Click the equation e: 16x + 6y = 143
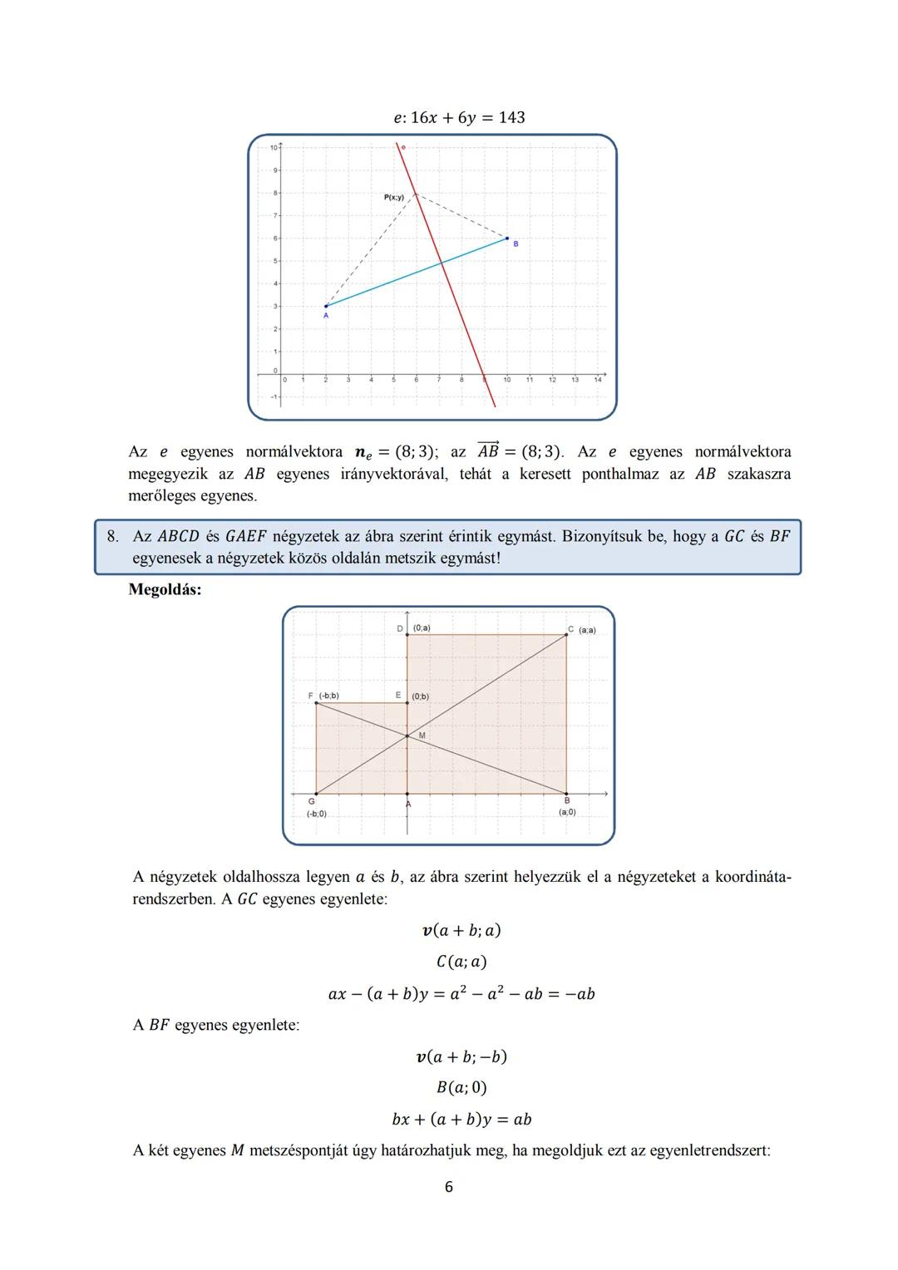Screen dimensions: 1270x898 (459, 117)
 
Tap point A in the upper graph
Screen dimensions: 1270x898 (325, 307)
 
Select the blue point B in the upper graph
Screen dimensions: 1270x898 (507, 239)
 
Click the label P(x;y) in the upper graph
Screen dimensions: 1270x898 (393, 197)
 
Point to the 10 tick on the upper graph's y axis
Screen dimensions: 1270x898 (274, 148)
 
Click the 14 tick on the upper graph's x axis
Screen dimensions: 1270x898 (597, 380)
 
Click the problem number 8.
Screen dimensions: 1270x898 (112, 537)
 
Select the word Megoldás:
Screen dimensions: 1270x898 (165, 590)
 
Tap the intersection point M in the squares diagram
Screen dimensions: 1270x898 (407, 736)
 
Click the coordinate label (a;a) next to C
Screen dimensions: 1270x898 (587, 630)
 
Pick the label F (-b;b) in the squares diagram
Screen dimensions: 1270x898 (323, 696)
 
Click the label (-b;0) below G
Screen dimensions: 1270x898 (316, 814)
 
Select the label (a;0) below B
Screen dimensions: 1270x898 (567, 812)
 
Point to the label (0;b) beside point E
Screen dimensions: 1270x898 (421, 696)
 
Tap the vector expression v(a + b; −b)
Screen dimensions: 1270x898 (461, 1056)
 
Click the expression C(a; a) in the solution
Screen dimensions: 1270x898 (461, 962)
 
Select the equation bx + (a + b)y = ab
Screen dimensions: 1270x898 (461, 1119)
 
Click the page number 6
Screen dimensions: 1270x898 (449, 1187)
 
